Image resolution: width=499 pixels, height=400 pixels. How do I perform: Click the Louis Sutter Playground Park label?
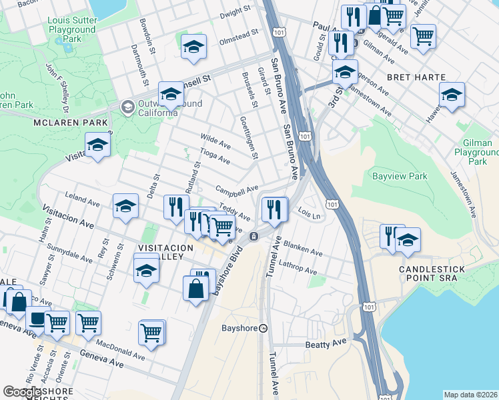point(71,29)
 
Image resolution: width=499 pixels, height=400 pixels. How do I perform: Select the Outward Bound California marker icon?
point(127,107)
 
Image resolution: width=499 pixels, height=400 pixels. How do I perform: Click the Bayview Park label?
point(398,177)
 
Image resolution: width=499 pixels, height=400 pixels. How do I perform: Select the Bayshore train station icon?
point(263,328)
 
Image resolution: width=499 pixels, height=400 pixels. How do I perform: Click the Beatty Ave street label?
point(327,343)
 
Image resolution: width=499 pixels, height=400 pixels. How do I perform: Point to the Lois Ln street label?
point(310,215)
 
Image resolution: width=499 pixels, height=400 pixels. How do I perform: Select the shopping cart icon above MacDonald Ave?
point(151,331)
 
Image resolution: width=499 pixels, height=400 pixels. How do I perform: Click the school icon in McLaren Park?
point(97,145)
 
